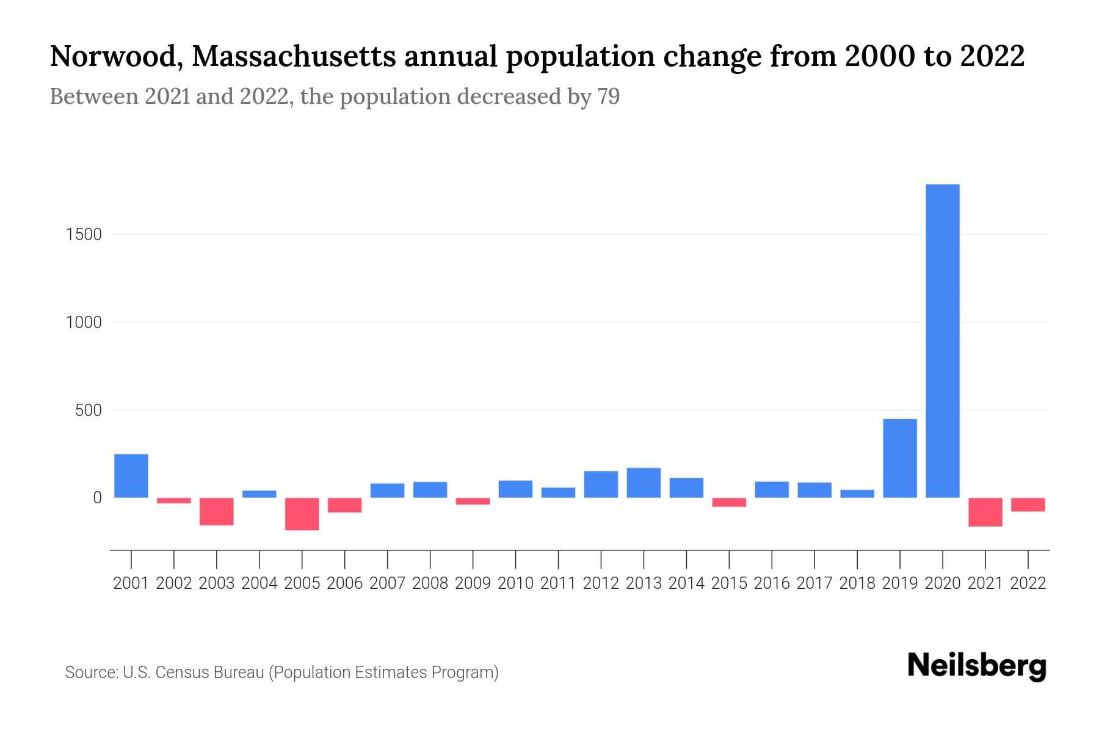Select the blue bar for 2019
899,458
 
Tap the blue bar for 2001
131,476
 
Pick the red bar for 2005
302,514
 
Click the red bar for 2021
985,512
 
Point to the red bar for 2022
1028,505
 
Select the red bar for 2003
217,511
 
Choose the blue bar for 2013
644,483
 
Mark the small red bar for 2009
473,501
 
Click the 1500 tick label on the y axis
83,235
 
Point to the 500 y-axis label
88,410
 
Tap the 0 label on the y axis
96,498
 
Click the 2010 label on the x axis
515,583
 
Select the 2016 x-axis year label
772,583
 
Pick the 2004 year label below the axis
259,583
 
